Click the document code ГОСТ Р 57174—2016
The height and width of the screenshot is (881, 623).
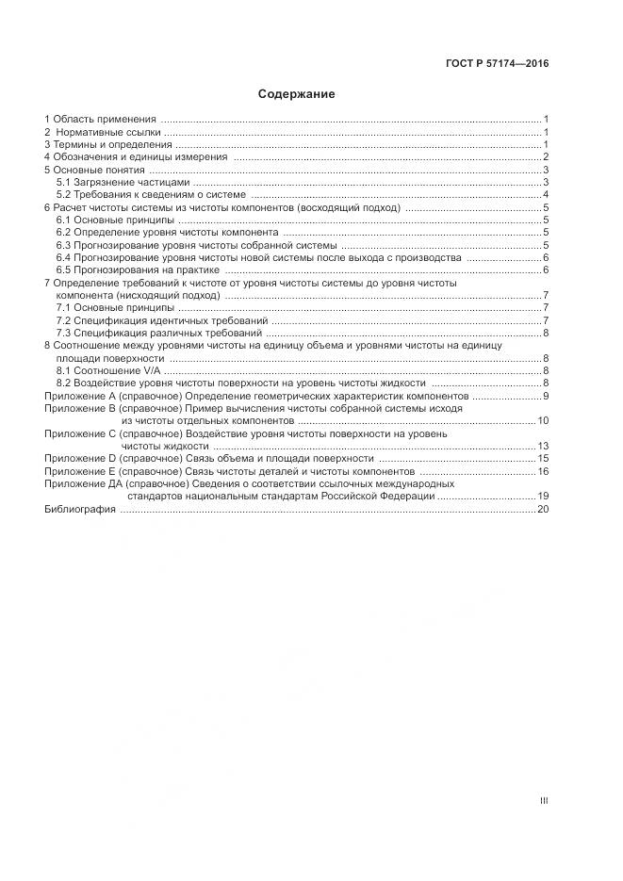click(x=497, y=63)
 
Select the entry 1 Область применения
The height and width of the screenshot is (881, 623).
click(x=101, y=120)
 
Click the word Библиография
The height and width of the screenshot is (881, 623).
click(x=80, y=509)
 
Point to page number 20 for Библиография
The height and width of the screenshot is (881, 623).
click(x=543, y=509)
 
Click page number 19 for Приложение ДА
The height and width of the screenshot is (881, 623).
click(x=543, y=496)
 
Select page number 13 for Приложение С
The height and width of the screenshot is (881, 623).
click(x=543, y=446)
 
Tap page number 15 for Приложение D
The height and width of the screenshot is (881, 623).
click(x=543, y=458)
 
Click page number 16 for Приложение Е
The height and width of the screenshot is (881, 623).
click(x=543, y=471)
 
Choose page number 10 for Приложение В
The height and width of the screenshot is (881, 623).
click(x=543, y=421)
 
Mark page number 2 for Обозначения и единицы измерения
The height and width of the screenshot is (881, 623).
click(x=546, y=157)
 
